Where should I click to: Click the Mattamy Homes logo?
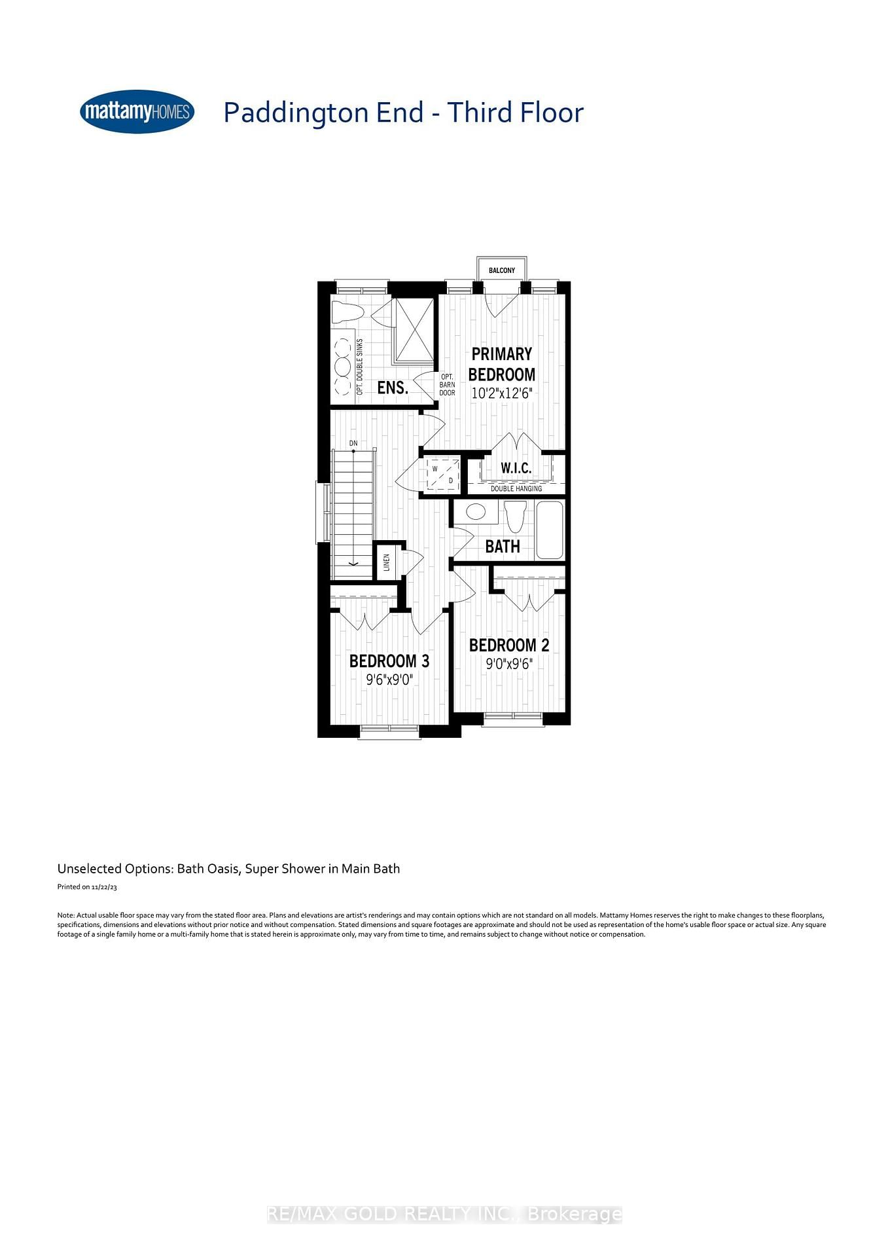click(137, 112)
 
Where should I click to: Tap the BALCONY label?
click(502, 270)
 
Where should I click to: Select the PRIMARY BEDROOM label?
click(502, 364)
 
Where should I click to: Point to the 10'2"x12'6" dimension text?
click(502, 393)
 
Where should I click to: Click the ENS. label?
click(393, 388)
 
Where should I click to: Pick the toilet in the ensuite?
click(347, 312)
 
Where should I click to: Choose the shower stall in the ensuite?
click(413, 330)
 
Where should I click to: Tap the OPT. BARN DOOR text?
click(448, 385)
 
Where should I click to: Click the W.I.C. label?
click(516, 468)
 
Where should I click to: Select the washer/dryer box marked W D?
click(443, 474)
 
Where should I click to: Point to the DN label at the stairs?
click(353, 443)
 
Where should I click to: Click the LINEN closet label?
click(387, 562)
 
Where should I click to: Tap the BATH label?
click(503, 546)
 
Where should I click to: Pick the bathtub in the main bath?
click(550, 530)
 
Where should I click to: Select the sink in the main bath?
click(476, 511)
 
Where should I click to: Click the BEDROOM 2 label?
click(509, 646)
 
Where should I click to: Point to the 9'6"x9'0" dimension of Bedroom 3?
click(389, 680)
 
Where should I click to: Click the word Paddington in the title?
click(296, 113)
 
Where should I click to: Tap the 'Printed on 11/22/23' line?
click(87, 887)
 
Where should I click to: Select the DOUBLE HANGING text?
click(516, 488)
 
